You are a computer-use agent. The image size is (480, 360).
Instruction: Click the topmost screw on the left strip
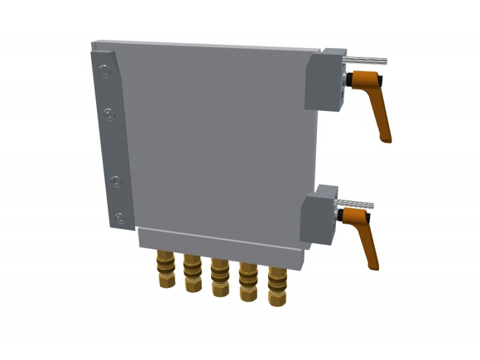coord(106,73)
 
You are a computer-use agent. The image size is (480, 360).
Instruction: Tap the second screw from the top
coord(110,115)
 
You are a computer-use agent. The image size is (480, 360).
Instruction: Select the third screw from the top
coord(116,181)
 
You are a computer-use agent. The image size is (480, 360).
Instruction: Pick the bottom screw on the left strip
coord(120,218)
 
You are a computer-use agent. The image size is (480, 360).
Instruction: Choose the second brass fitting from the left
coord(193,273)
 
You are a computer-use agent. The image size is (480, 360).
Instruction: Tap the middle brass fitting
coord(220,277)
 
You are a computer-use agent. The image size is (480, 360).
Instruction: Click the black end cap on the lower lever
coord(340,215)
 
